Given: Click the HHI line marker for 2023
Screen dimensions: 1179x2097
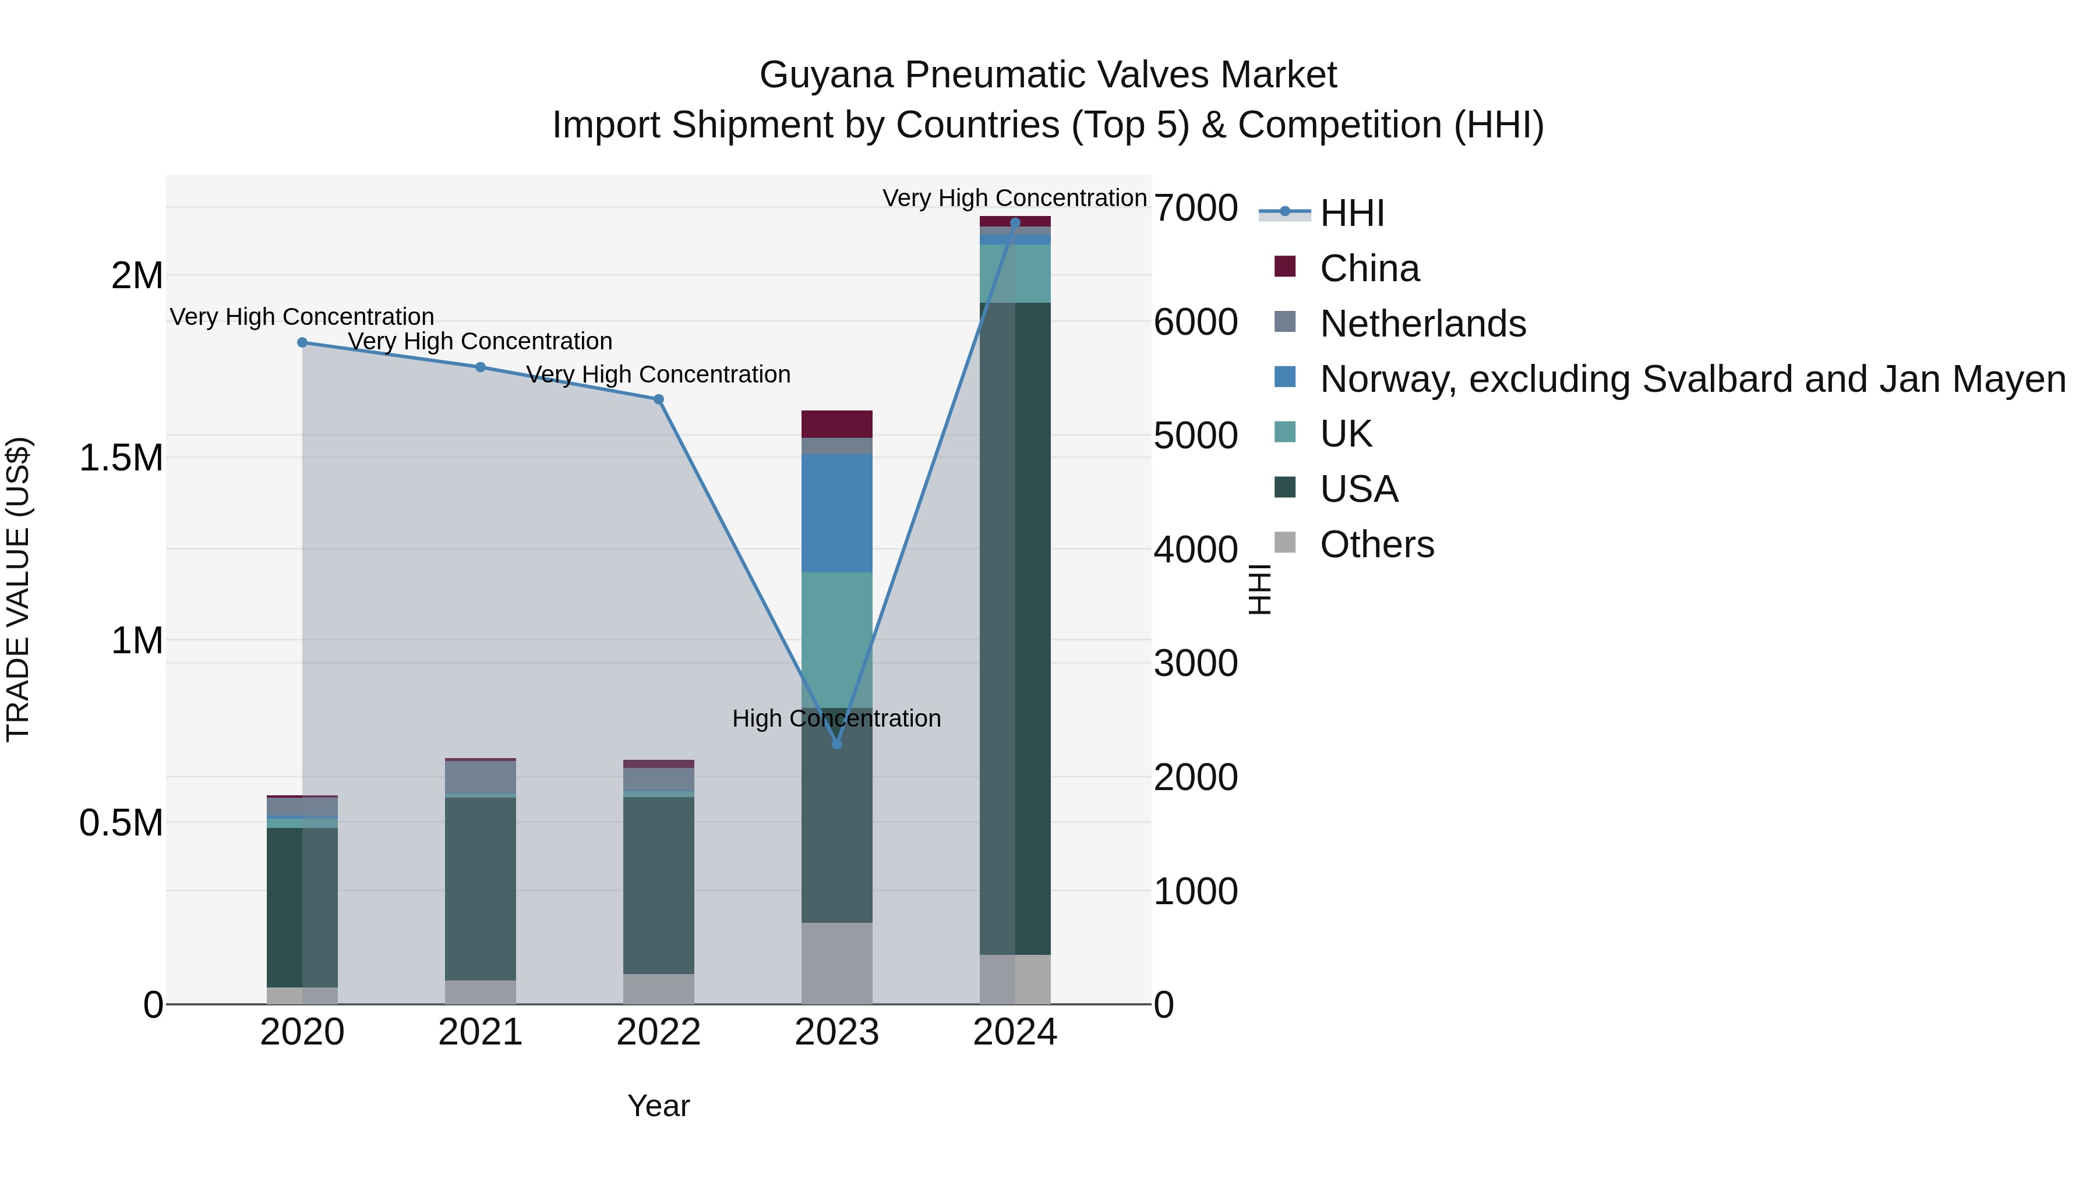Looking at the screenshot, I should [x=837, y=743].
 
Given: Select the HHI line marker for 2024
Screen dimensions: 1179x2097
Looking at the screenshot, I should [x=1015, y=223].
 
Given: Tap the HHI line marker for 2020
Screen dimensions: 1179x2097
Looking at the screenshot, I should [x=302, y=342].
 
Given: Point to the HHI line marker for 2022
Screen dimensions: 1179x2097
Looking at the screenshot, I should [x=659, y=399].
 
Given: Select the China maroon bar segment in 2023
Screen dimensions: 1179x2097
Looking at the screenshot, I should [x=837, y=424].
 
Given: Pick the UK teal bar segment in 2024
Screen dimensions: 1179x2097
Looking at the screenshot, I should [x=1015, y=274].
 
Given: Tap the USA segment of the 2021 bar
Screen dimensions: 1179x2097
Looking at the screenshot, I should [x=481, y=888].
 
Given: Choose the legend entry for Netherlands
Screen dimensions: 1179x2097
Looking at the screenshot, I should [x=1422, y=324].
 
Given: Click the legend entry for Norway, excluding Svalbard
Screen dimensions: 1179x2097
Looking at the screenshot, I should [x=1692, y=379].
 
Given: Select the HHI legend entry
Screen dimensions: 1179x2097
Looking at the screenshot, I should [x=1351, y=213].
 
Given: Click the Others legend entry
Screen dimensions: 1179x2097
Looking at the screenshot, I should [x=1376, y=544].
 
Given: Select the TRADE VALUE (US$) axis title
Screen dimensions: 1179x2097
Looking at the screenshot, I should [x=18, y=589].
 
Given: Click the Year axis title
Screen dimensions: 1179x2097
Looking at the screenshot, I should [x=659, y=1106].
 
